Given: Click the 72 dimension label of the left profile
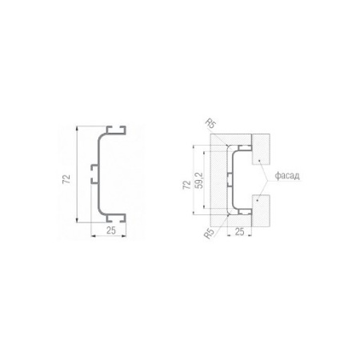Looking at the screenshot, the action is pyautogui.click(x=66, y=178).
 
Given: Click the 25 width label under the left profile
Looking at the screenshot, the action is pyautogui.click(x=111, y=230).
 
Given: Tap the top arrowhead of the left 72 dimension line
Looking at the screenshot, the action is pyautogui.click(x=77, y=128).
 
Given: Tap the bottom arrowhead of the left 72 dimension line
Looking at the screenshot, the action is pyautogui.click(x=77, y=220).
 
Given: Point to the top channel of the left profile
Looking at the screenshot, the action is pyautogui.click(x=116, y=130).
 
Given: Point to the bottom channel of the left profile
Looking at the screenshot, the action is pyautogui.click(x=116, y=218).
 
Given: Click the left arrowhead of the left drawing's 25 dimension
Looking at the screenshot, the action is pyautogui.click(x=93, y=236).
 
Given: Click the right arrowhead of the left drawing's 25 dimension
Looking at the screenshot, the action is pyautogui.click(x=124, y=236).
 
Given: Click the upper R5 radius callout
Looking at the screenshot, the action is pyautogui.click(x=210, y=124).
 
